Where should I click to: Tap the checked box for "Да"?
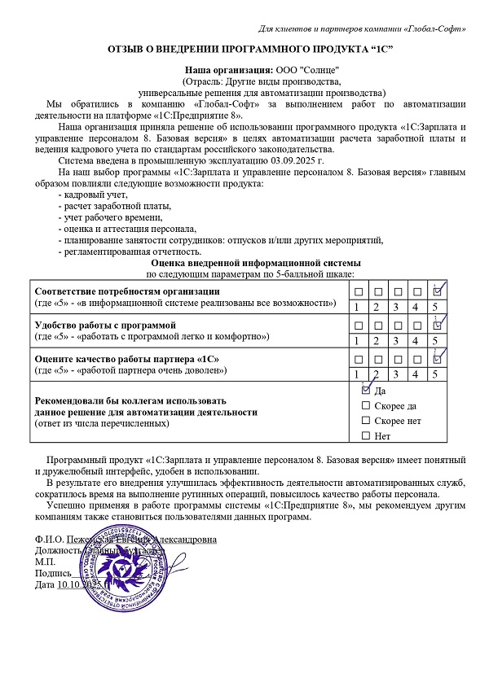click(x=365, y=390)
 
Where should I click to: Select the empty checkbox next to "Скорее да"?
click(x=365, y=405)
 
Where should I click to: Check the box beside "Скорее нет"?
click(x=365, y=421)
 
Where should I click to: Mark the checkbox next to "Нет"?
click(x=365, y=436)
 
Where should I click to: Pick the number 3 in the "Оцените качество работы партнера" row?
click(x=396, y=374)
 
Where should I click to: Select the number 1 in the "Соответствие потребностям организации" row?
click(x=357, y=307)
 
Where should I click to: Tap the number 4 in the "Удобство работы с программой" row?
click(x=416, y=340)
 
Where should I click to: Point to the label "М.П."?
click(x=45, y=562)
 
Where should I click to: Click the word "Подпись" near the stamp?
click(x=53, y=574)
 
